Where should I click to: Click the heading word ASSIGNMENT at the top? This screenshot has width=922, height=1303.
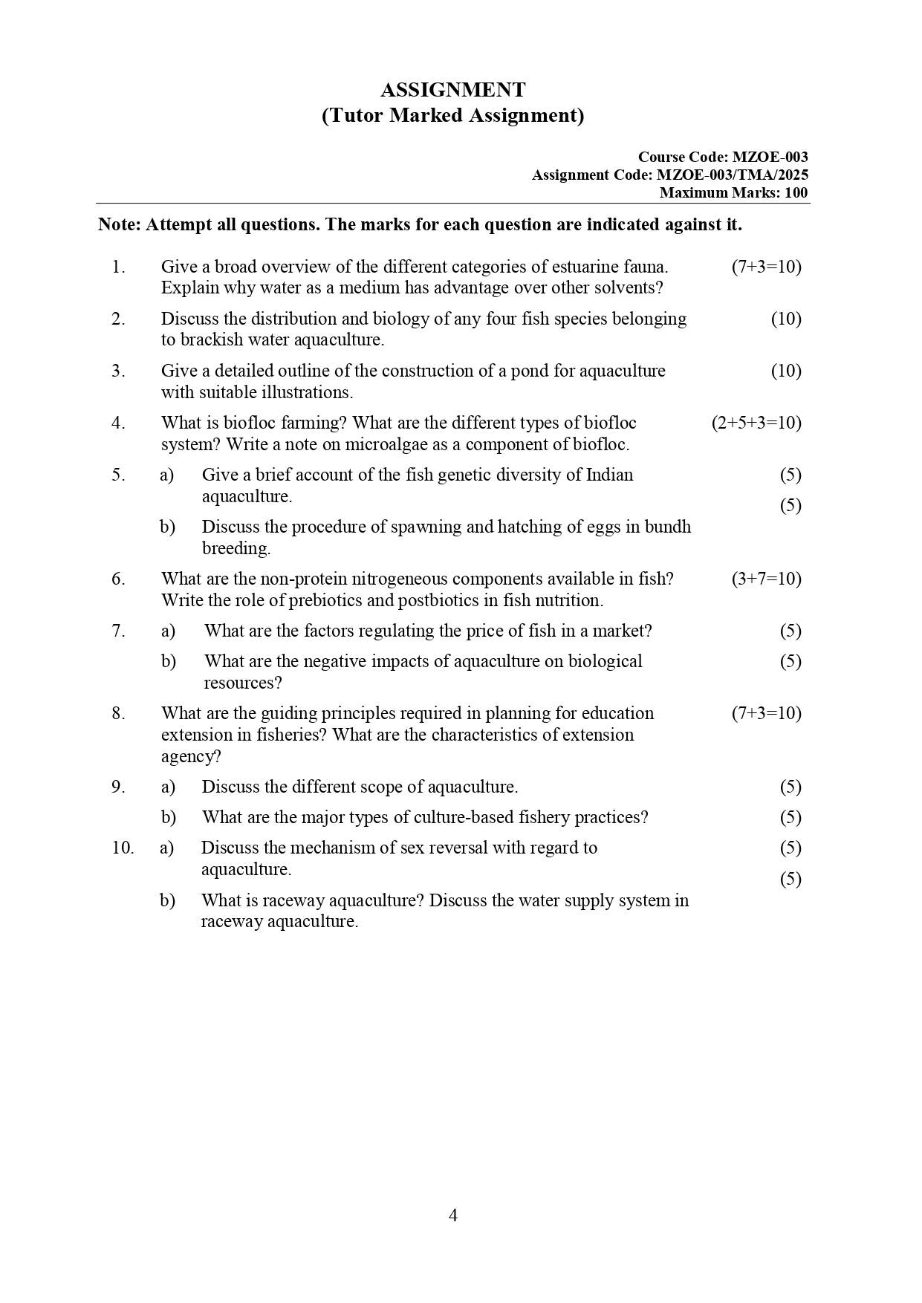pyautogui.click(x=452, y=91)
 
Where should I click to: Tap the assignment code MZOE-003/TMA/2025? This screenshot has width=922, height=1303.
pyautogui.click(x=732, y=175)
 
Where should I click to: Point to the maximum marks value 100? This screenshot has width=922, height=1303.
pyautogui.click(x=796, y=193)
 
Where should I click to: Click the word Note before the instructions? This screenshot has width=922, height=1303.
pyautogui.click(x=119, y=225)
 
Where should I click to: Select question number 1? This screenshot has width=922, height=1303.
pyautogui.click(x=118, y=267)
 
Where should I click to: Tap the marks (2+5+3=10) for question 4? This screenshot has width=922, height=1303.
pyautogui.click(x=756, y=423)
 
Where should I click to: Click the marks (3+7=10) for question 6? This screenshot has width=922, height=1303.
pyautogui.click(x=766, y=579)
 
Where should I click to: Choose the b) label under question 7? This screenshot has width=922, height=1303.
pyautogui.click(x=169, y=661)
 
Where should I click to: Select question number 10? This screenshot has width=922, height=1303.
pyautogui.click(x=123, y=848)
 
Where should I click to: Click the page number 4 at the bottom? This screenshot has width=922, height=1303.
pyautogui.click(x=453, y=1216)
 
